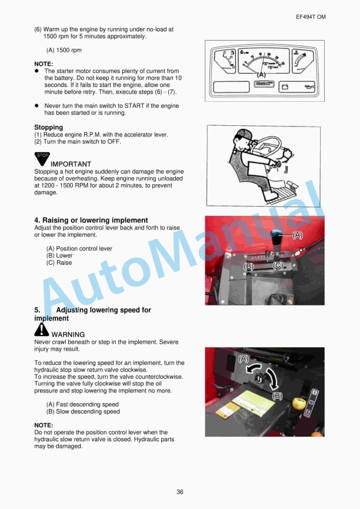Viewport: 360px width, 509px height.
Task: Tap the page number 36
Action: [x=180, y=491]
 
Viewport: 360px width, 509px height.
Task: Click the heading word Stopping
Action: [x=48, y=127]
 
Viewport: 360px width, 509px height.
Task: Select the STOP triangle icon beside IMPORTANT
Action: [x=42, y=158]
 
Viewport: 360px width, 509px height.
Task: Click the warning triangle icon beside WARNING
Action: [x=42, y=330]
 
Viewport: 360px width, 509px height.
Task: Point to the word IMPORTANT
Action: [x=71, y=164]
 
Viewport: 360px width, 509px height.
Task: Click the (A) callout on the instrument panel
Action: [x=261, y=75]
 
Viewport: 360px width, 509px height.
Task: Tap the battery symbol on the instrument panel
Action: [x=286, y=87]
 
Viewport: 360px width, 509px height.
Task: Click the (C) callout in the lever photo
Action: [x=279, y=266]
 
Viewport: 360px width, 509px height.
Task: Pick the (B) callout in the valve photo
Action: [x=277, y=395]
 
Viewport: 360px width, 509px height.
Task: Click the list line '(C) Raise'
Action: [x=59, y=263]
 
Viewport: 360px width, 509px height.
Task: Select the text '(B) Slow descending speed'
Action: [x=82, y=412]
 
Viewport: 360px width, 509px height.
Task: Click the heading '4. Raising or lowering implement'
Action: [x=91, y=221]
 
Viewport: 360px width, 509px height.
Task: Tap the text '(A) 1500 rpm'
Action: [x=64, y=51]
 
